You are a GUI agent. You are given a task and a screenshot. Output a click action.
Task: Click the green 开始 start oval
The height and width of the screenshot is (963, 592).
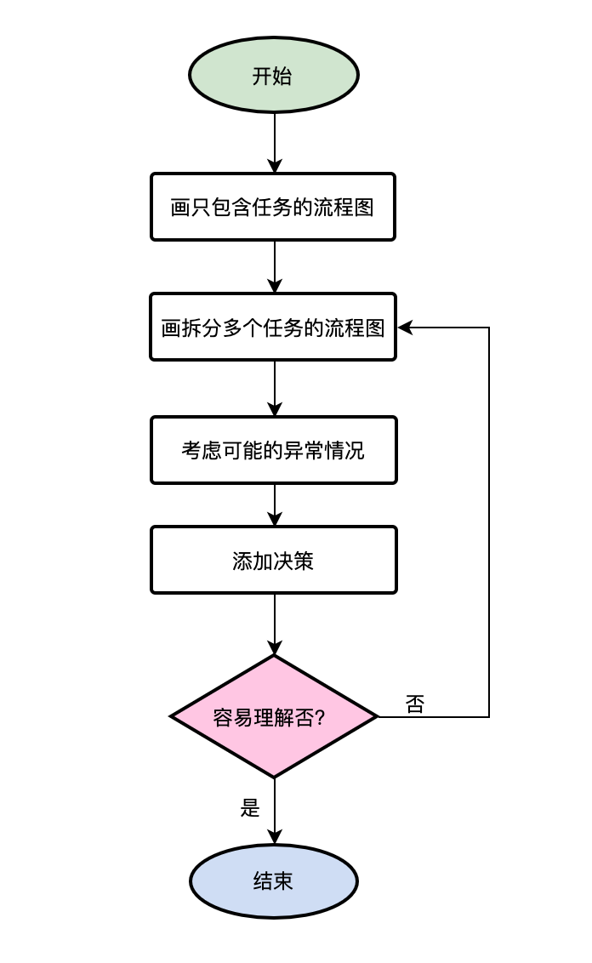click(274, 75)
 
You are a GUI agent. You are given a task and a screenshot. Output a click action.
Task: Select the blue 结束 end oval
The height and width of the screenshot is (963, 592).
click(274, 881)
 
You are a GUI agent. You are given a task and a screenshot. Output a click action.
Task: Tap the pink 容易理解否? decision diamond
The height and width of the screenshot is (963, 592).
click(274, 716)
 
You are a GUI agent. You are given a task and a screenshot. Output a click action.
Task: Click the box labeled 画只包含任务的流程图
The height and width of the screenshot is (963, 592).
click(273, 207)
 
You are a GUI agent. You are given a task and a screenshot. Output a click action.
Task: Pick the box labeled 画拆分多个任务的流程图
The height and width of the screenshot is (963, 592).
click(273, 328)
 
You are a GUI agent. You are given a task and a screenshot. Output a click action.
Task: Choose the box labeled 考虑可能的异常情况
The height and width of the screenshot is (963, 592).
click(274, 450)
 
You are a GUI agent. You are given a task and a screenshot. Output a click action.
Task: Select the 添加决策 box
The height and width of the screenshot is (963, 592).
click(274, 560)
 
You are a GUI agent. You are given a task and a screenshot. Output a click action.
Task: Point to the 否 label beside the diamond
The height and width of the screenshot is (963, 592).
click(414, 704)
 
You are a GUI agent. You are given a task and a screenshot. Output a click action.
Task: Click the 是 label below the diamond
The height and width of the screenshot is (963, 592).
click(250, 808)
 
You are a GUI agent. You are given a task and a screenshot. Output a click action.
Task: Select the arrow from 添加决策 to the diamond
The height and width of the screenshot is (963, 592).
click(274, 624)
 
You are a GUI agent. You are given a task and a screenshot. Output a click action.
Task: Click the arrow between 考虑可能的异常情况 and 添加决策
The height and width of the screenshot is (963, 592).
click(274, 505)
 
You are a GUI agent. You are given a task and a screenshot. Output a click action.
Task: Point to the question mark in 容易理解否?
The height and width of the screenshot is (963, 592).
click(320, 717)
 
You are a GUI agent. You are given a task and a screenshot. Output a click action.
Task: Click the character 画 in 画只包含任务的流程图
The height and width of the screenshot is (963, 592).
click(179, 208)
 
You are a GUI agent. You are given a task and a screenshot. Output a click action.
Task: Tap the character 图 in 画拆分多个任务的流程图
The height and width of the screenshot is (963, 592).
click(376, 328)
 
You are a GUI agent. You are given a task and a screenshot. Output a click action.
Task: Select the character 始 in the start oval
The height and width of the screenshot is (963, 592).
click(283, 76)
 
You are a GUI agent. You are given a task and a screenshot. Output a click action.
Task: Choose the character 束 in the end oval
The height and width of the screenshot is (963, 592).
click(283, 881)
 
